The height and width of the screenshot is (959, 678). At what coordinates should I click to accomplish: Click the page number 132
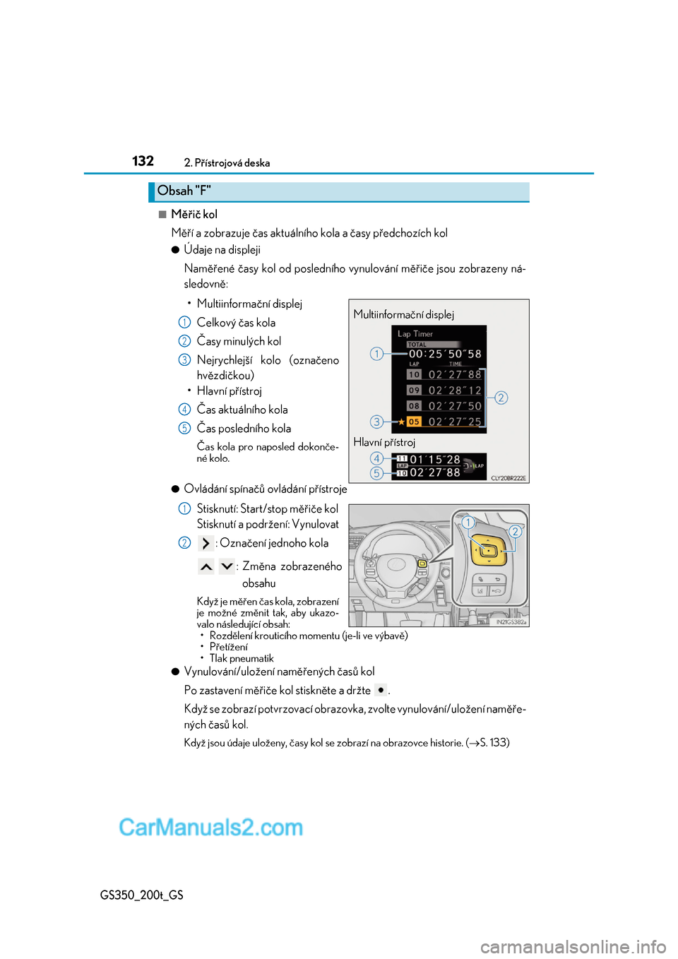pos(143,161)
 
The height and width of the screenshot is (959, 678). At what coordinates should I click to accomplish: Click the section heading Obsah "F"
pos(184,191)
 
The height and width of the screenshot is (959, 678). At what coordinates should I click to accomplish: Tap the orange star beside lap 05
pos(401,422)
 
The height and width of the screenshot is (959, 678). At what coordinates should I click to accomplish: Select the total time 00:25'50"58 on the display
pos(445,354)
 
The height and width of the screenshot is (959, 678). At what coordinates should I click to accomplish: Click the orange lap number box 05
pos(414,422)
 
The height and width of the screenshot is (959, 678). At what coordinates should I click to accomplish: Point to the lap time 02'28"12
pos(455,391)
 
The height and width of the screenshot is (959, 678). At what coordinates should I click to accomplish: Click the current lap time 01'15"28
pos(435,460)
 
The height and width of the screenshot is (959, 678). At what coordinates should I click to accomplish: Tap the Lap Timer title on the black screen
pos(415,334)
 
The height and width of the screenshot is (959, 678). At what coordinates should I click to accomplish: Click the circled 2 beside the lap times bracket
pos(501,398)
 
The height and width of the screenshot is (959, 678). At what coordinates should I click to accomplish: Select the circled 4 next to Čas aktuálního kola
pos(184,410)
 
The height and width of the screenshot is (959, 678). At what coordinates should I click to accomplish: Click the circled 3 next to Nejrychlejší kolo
pos(184,360)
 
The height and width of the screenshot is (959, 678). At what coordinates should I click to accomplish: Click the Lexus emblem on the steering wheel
pos(396,564)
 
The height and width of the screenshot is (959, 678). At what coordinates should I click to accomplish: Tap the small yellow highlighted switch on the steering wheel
pos(422,564)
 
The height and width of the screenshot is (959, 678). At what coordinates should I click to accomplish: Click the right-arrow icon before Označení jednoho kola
pos(206,543)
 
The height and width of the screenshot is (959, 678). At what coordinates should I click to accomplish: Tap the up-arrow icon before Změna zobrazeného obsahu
pos(206,566)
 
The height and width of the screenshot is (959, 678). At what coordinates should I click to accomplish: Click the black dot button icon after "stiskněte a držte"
pos(381,690)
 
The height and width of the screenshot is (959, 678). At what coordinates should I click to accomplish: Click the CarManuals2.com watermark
pos(210,827)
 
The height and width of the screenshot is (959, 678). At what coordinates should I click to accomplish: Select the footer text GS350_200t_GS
pos(142,895)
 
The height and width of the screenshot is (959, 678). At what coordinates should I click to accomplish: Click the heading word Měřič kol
pos(194,214)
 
